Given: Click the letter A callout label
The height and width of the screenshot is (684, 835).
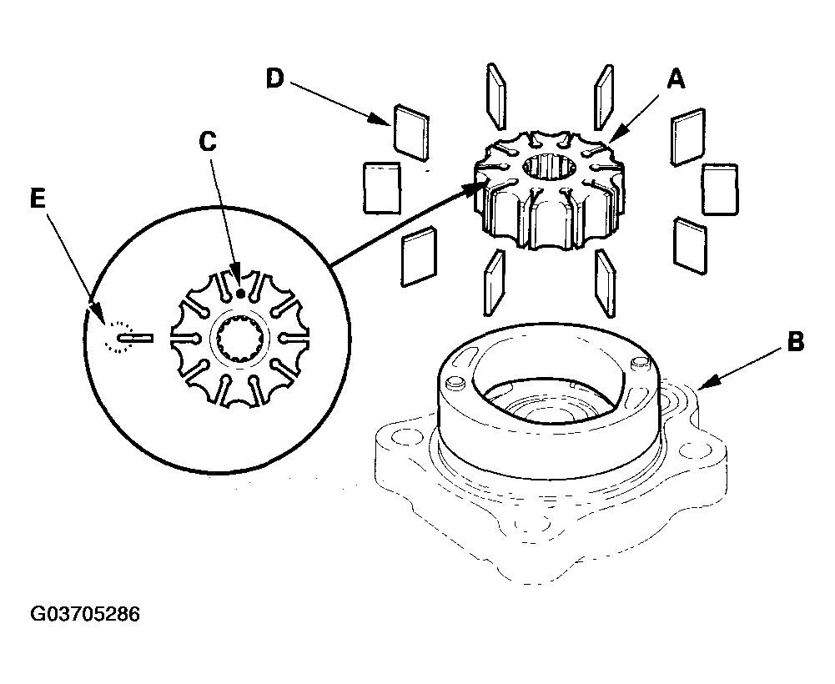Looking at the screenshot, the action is [x=676, y=80].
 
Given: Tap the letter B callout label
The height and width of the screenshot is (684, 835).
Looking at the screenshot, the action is [x=796, y=341].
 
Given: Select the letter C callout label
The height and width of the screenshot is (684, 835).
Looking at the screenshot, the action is [x=208, y=141].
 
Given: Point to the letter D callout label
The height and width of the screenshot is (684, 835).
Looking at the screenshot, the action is [x=274, y=79].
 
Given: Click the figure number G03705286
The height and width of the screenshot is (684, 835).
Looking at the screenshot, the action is [x=85, y=614].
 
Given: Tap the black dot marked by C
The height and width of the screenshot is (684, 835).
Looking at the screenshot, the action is [x=241, y=293].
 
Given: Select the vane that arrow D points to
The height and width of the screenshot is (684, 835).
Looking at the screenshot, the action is [x=410, y=132].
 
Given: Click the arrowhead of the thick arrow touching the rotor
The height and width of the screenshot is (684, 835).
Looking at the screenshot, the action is [x=477, y=188].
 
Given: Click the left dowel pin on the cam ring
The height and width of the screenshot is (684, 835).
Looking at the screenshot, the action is [x=455, y=383].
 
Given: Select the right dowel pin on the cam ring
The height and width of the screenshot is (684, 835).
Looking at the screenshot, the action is [x=638, y=364].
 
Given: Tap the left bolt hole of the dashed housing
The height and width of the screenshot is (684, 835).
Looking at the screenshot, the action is [x=400, y=438].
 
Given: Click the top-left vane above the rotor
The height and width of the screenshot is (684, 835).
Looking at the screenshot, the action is [x=495, y=96].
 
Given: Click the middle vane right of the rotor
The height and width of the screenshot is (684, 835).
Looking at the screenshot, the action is [x=719, y=189].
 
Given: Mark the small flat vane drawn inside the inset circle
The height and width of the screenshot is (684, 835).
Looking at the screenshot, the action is [x=136, y=338].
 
